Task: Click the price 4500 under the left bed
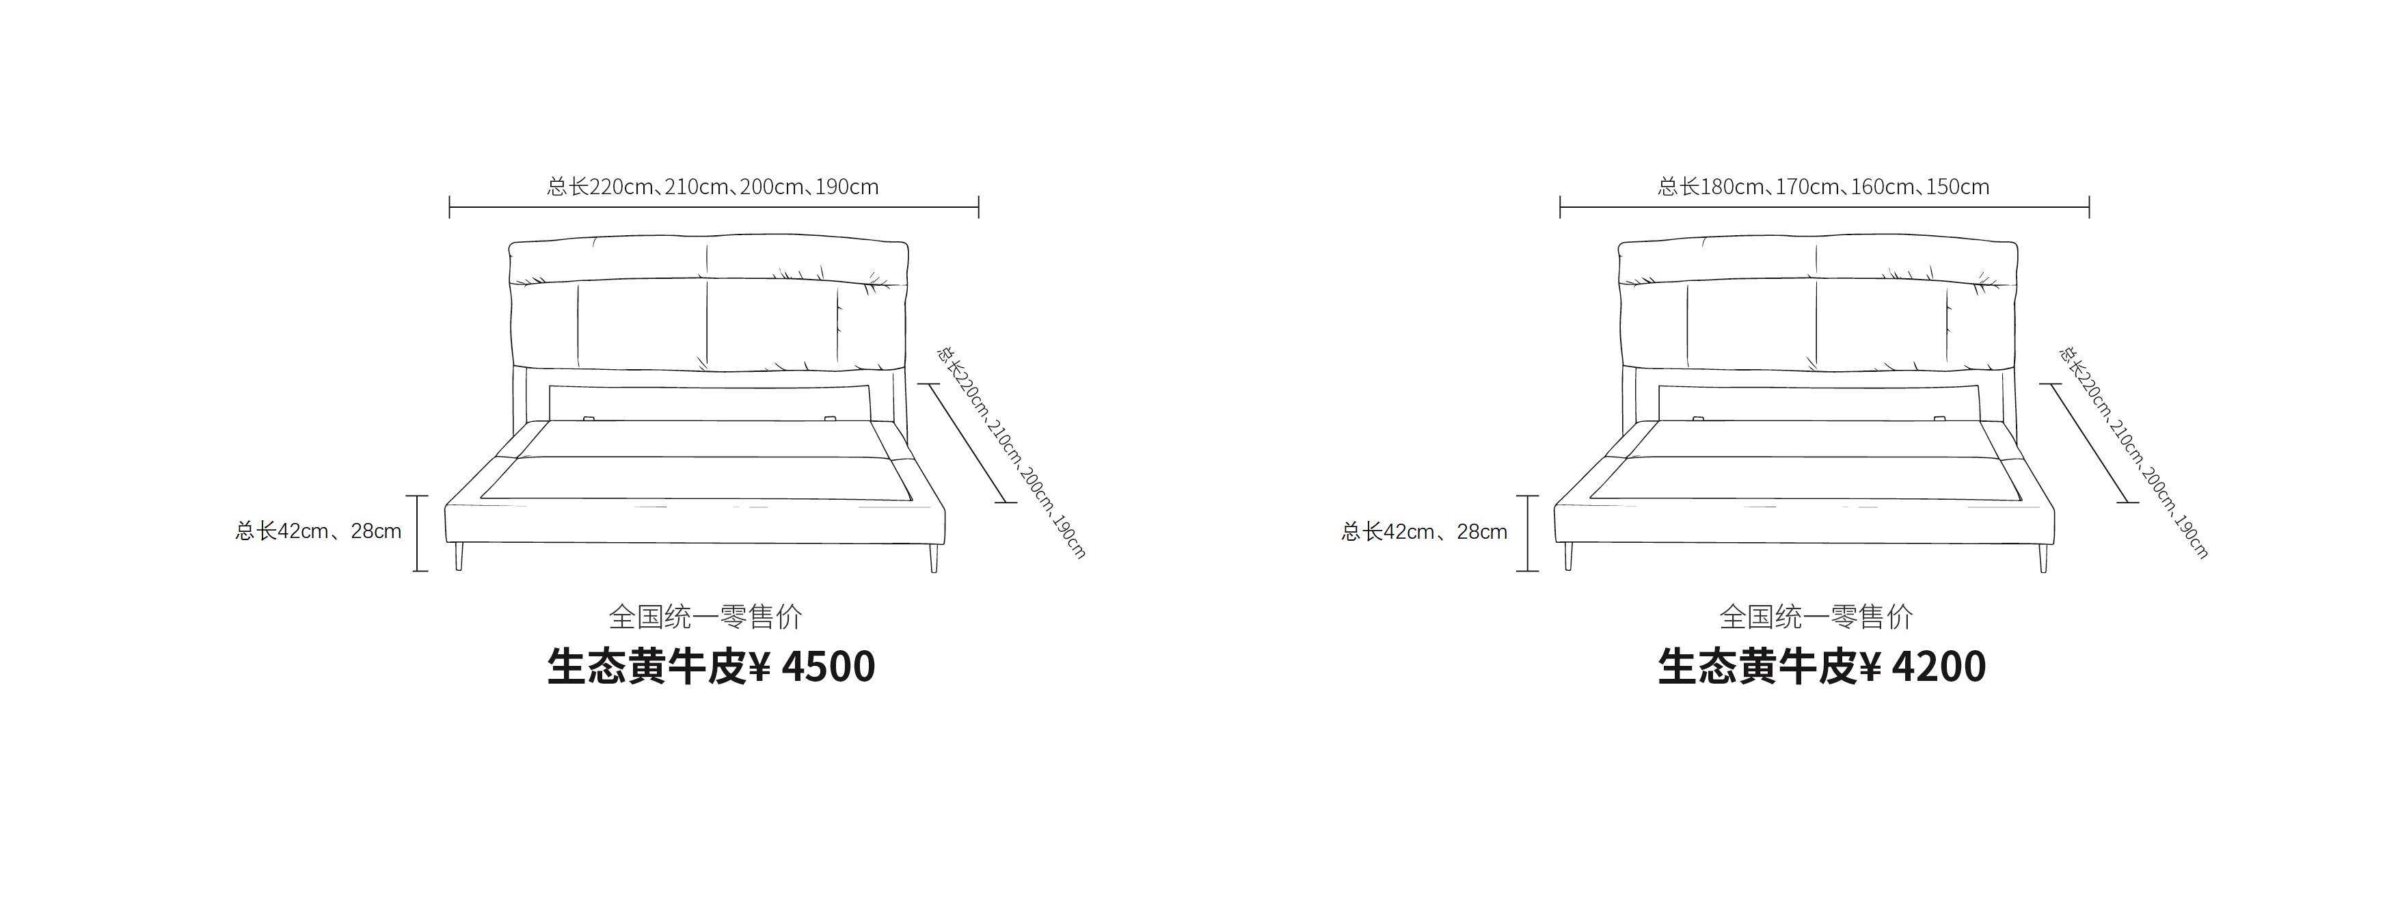828,667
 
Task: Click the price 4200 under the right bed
1939,667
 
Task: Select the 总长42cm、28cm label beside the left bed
319,531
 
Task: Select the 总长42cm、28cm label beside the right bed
1425,531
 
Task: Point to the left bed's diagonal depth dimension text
1011,453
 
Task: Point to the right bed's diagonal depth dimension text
2133,453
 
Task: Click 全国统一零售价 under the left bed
705,616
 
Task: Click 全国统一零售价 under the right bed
1816,616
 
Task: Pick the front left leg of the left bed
459,556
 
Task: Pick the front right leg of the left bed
934,557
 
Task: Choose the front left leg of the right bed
1569,556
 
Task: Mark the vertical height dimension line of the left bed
420,533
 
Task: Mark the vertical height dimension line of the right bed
1528,533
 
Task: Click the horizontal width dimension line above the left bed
714,206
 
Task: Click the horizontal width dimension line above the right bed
1824,206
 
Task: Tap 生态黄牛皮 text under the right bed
1757,667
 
